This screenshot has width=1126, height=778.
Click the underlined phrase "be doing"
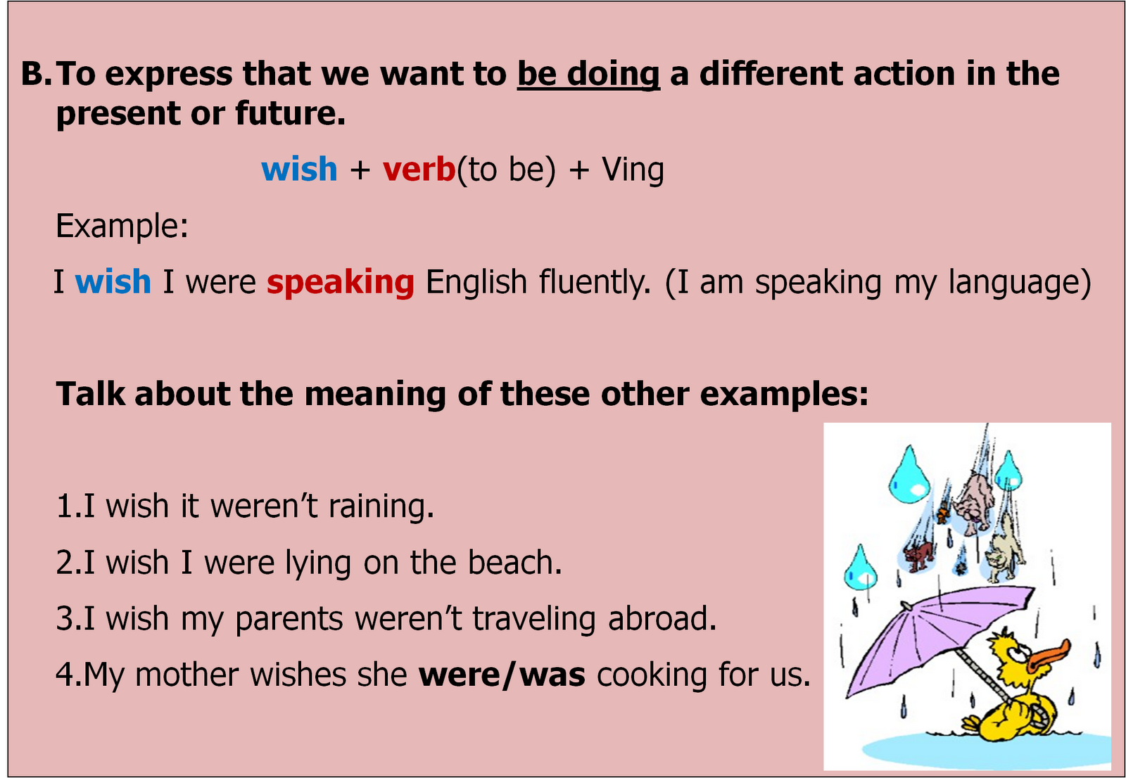click(x=588, y=75)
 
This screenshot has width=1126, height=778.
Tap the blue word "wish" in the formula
click(x=299, y=170)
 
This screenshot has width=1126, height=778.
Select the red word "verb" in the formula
click(x=419, y=170)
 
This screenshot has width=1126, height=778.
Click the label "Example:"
click(x=122, y=227)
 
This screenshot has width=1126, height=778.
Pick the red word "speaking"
click(x=341, y=283)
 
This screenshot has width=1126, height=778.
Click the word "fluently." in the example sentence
click(x=595, y=283)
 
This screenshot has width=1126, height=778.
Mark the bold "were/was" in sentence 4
click(x=502, y=675)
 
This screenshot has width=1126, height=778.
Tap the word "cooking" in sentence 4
click(x=652, y=675)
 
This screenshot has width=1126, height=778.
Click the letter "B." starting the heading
click(x=36, y=75)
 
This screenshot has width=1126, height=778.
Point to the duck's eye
click(x=1014, y=652)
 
